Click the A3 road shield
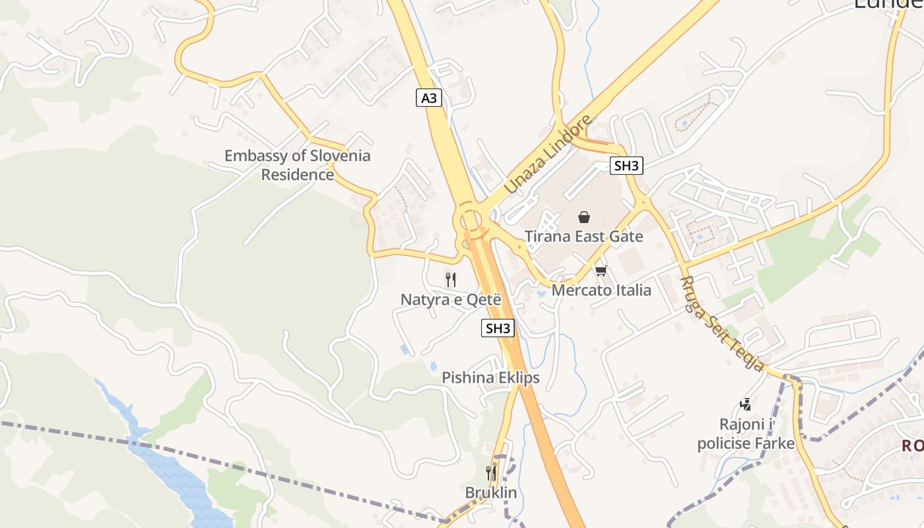click(429, 98)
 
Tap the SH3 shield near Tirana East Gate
click(626, 166)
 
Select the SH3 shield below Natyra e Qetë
click(498, 328)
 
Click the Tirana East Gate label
click(583, 236)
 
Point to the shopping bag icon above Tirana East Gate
click(584, 216)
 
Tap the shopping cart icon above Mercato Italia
click(601, 271)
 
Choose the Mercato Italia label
click(601, 290)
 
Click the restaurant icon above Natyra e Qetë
click(451, 280)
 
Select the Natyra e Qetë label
click(451, 299)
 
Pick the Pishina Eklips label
click(490, 378)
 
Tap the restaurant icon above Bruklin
click(491, 473)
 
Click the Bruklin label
click(491, 492)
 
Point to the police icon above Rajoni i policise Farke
click(746, 404)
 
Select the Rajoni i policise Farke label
click(746, 433)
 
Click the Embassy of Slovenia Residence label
click(298, 165)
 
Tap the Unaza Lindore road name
click(547, 154)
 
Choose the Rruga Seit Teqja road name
click(722, 323)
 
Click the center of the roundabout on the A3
click(470, 219)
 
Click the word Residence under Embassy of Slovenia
click(298, 175)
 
